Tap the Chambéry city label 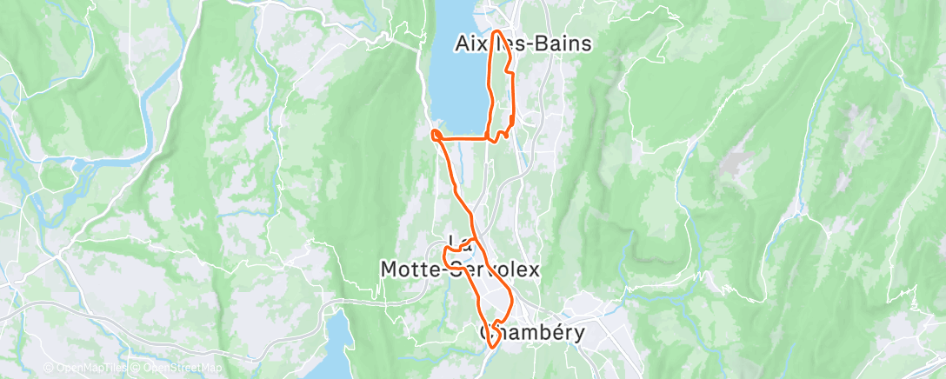click(531, 332)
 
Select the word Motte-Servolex click(460, 270)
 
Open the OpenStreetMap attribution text click(170, 367)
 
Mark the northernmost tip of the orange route click(497, 32)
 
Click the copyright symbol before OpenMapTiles click(50, 367)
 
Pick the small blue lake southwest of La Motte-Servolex click(335, 335)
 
